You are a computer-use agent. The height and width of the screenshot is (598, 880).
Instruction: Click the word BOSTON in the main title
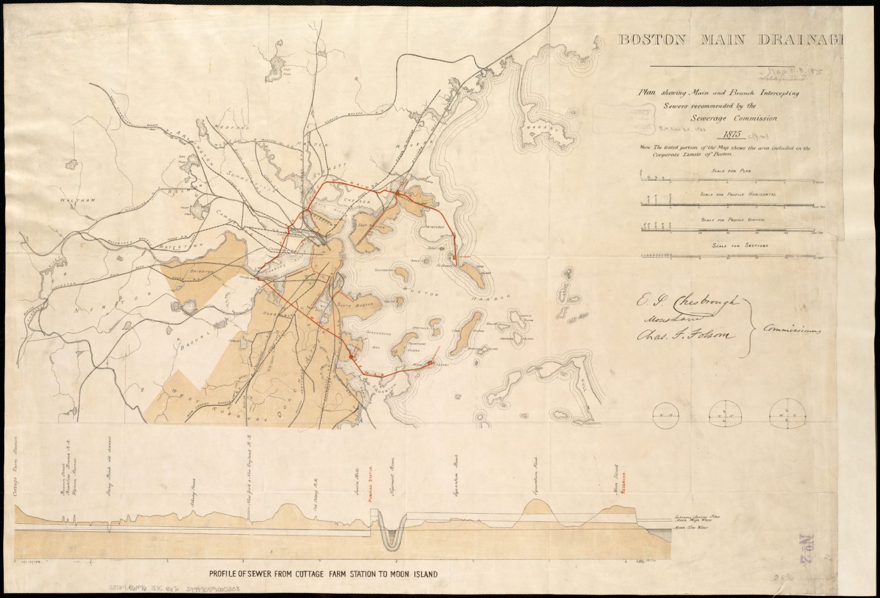pyautogui.click(x=652, y=40)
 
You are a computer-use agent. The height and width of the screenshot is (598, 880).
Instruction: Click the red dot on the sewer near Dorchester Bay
pyautogui.click(x=351, y=356)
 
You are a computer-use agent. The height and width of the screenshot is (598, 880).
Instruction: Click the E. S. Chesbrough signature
pyautogui.click(x=687, y=303)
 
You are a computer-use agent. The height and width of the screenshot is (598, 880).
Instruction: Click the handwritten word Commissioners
pyautogui.click(x=791, y=329)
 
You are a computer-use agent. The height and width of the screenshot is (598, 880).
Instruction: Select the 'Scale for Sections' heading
pyautogui.click(x=733, y=246)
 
